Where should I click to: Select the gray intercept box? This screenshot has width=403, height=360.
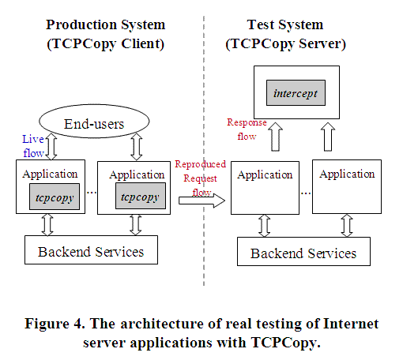pyautogui.click(x=296, y=93)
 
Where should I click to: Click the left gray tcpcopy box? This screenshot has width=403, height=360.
pyautogui.click(x=55, y=197)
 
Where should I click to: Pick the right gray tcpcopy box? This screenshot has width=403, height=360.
pyautogui.click(x=141, y=196)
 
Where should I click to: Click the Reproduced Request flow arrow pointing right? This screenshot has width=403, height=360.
pyautogui.click(x=201, y=201)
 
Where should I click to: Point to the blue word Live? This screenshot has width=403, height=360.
pyautogui.click(x=33, y=139)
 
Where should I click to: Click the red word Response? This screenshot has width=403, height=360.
pyautogui.click(x=247, y=122)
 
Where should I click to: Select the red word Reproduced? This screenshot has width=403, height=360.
pyautogui.click(x=201, y=164)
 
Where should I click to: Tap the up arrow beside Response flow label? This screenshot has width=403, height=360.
pyautogui.click(x=275, y=137)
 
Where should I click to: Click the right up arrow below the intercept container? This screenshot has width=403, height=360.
pyautogui.click(x=328, y=137)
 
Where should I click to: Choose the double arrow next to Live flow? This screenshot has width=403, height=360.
pyautogui.click(x=51, y=146)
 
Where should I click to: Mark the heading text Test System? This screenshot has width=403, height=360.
pyautogui.click(x=285, y=24)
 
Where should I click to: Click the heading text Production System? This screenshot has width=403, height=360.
pyautogui.click(x=106, y=24)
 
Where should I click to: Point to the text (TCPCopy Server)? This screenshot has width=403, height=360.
pyautogui.click(x=285, y=43)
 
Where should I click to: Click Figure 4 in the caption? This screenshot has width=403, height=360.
pyautogui.click(x=55, y=324)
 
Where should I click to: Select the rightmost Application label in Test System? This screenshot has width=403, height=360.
pyautogui.click(x=347, y=174)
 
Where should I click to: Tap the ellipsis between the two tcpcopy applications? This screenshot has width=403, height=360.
pyautogui.click(x=92, y=193)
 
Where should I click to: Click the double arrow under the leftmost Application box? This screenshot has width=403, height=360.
pyautogui.click(x=47, y=224)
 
